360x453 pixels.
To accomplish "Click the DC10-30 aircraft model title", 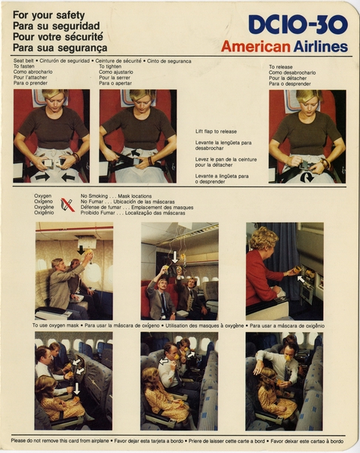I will point(298,25).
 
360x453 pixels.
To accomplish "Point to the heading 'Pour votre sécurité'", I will point(59,36).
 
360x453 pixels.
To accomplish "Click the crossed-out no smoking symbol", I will point(68,205).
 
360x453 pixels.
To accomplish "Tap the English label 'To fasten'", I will point(26,66).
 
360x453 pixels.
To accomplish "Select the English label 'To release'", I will point(282,66).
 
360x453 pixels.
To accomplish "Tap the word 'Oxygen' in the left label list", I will point(43,196).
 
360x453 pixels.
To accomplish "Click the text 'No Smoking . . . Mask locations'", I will point(119,196).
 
